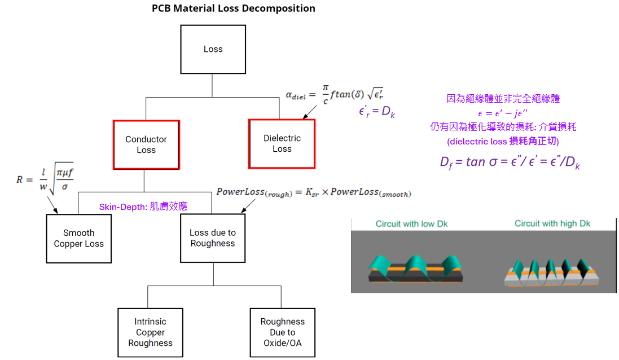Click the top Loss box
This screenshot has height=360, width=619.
[213, 49]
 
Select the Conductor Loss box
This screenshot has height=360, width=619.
[147, 145]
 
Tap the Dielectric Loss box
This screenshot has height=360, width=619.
[282, 144]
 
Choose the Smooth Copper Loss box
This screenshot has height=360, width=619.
[79, 239]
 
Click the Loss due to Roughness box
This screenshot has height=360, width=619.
[213, 238]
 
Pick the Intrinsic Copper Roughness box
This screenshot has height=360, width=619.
[151, 332]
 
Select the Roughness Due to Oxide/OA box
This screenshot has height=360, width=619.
[283, 332]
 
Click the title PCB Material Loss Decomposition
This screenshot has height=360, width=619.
[234, 8]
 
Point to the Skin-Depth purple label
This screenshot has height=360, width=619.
[143, 207]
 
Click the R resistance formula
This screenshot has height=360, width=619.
[45, 178]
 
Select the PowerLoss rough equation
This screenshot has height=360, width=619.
[314, 192]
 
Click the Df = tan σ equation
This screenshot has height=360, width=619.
[510, 162]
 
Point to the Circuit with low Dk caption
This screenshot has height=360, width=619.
[412, 224]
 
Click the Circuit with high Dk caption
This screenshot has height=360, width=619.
[552, 223]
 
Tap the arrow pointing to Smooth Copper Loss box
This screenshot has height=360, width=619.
[52, 205]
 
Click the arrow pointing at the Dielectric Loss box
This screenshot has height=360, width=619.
[310, 112]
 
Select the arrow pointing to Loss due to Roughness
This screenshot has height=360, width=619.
[248, 206]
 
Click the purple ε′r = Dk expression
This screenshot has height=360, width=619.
[376, 112]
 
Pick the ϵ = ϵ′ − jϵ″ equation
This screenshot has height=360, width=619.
[503, 113]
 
